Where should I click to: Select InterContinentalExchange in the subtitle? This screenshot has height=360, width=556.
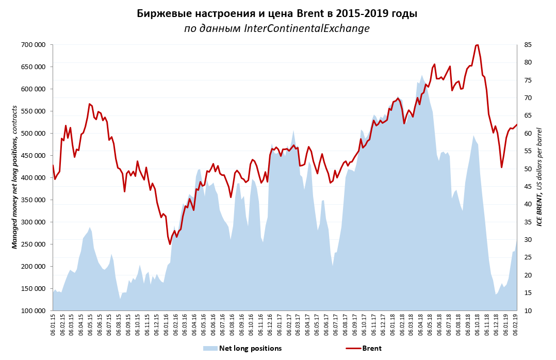pos(307,28)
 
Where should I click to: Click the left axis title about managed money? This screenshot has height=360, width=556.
pos(15,177)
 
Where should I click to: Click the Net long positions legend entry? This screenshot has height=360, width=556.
pos(250,348)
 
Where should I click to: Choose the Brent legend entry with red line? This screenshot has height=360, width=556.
pos(371,348)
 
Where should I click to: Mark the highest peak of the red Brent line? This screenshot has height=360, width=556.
pos(477,45)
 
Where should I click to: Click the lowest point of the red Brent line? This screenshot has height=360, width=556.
pos(170,244)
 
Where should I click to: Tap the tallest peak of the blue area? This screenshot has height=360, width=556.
pos(422,75)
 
